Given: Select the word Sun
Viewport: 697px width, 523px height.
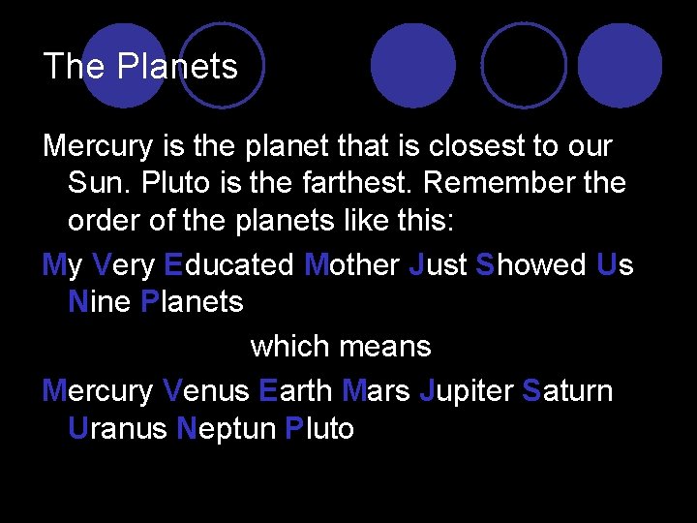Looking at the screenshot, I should pos(93,182).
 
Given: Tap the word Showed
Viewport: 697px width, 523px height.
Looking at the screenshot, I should pos(531,265).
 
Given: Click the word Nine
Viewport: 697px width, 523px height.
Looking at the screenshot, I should pos(100,301).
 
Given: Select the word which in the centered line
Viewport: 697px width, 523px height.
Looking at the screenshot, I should pos(291,345).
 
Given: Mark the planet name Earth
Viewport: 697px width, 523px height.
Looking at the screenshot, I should pos(295,391).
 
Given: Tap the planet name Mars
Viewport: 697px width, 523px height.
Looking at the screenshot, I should pos(376,391).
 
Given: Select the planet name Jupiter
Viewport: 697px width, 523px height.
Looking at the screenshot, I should pos(466,391).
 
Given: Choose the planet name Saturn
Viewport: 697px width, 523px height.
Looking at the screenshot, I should pos(566,391).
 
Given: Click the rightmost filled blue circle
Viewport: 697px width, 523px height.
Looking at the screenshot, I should pos(621,65).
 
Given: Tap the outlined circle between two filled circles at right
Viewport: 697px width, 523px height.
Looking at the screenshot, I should pos(524,65).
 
